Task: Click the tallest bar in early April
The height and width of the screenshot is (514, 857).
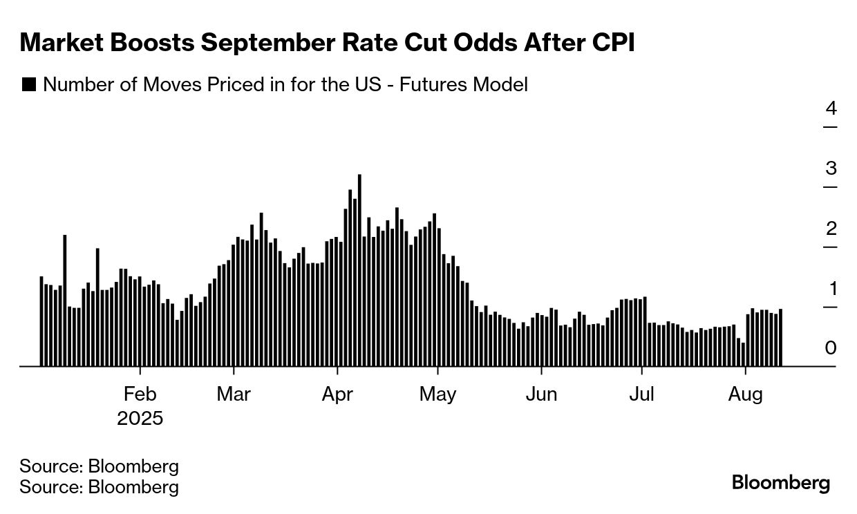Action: pyautogui.click(x=359, y=270)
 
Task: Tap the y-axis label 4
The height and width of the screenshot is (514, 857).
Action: pyautogui.click(x=831, y=108)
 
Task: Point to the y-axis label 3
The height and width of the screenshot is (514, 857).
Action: pyautogui.click(x=831, y=169)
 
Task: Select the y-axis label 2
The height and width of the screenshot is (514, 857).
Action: pyautogui.click(x=831, y=229)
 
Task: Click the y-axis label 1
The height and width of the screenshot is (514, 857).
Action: pyautogui.click(x=831, y=289)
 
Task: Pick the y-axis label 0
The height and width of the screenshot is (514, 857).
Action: pyautogui.click(x=831, y=348)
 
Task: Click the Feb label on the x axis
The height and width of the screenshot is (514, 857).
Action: pyautogui.click(x=140, y=394)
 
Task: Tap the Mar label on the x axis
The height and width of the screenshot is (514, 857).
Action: pyautogui.click(x=234, y=394)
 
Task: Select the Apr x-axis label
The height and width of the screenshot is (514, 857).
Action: pyautogui.click(x=337, y=394)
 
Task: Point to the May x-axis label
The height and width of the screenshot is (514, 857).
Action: pyautogui.click(x=438, y=394)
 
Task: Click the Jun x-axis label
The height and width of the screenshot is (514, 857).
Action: pyautogui.click(x=541, y=394)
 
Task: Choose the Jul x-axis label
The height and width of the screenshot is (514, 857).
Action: pyautogui.click(x=642, y=394)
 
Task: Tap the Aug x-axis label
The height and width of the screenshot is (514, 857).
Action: pyautogui.click(x=746, y=394)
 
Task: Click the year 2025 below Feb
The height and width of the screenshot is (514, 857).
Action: pyautogui.click(x=140, y=419)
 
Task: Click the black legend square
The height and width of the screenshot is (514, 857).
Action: pyautogui.click(x=29, y=85)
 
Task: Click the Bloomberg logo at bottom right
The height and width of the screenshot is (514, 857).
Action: pyautogui.click(x=781, y=482)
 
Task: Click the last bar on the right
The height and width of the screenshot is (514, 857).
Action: pyautogui.click(x=780, y=337)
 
